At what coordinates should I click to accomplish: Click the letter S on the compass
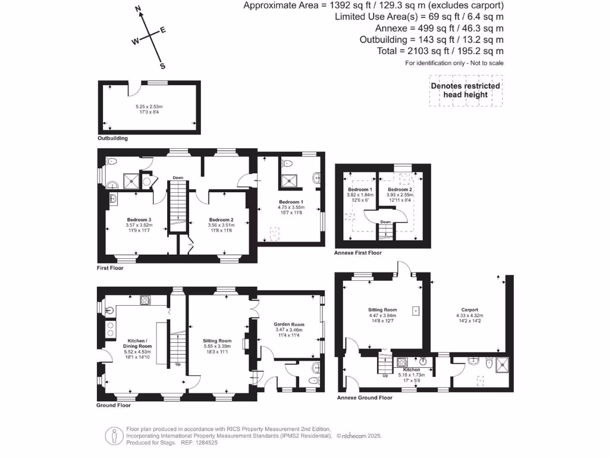point(162,66)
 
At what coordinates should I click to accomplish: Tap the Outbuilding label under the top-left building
point(112,138)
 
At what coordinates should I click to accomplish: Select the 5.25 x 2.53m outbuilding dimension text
point(149,107)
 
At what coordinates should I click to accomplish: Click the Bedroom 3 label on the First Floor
point(139,220)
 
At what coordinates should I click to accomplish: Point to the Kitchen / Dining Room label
point(137,343)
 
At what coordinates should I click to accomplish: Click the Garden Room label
point(289,325)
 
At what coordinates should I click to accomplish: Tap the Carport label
point(470,310)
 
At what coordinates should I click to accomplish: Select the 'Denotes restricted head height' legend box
point(466,90)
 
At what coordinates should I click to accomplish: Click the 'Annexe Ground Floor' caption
point(365,397)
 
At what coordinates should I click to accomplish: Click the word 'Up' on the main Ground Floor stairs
point(178,364)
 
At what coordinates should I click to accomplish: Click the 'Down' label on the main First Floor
point(178,177)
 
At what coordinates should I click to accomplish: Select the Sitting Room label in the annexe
point(382,310)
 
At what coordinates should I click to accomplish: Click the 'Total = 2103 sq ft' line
point(440,51)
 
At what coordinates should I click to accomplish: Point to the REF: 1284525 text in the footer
point(182,443)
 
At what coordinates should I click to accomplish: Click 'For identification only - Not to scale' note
point(454,63)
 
